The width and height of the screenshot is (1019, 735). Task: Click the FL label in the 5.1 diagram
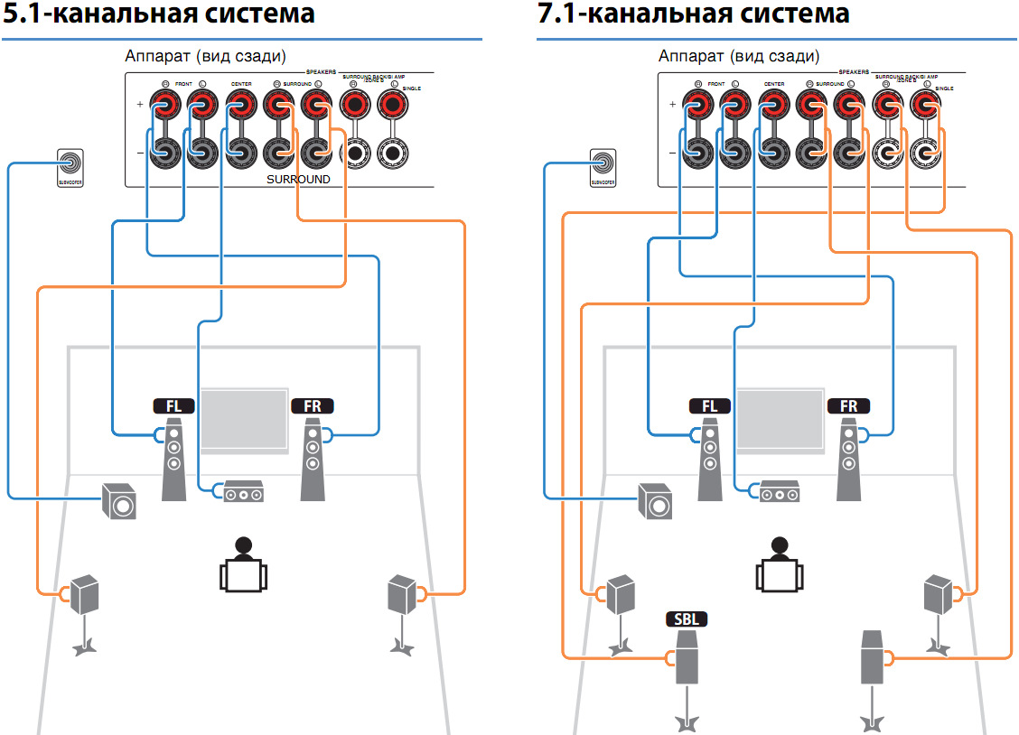point(173,406)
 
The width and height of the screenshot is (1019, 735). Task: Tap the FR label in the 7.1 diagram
point(848,406)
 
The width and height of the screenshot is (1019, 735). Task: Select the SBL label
point(687,619)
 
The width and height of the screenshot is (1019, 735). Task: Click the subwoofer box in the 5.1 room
point(119,501)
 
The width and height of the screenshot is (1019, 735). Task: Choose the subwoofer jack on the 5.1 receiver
point(69,163)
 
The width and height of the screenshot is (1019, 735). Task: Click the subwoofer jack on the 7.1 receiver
point(604,163)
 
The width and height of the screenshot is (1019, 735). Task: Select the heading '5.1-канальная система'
point(160,14)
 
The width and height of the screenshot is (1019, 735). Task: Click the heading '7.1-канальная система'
point(694,14)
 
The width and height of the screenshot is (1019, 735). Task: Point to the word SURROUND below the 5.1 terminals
point(298,180)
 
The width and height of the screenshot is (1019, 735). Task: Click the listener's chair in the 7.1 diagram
point(778,573)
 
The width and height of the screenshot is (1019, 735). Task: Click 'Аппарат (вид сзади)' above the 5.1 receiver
point(205,56)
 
